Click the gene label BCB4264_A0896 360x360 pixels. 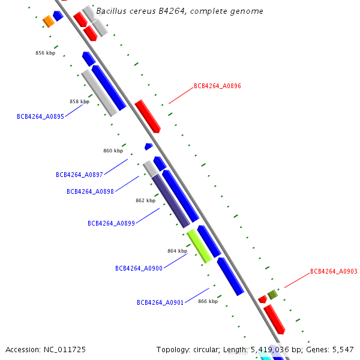(217, 86)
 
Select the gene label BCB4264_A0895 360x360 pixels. (40, 116)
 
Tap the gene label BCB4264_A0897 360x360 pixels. (79, 175)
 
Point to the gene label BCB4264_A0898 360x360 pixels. (90, 191)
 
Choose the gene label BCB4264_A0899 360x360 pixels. (111, 223)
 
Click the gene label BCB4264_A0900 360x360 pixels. (139, 268)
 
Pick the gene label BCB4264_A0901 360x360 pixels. (160, 302)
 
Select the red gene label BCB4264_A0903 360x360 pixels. (334, 271)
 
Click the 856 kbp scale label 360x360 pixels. (45, 53)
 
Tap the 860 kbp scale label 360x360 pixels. (113, 151)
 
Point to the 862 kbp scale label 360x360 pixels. (145, 200)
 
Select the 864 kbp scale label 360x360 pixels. (177, 251)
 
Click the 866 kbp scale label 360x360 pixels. (208, 301)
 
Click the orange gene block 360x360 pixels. (49, 22)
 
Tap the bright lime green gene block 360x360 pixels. (199, 246)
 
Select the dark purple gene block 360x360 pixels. (171, 201)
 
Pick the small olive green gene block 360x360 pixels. (272, 295)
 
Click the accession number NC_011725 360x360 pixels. (65, 350)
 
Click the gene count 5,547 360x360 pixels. (343, 350)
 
